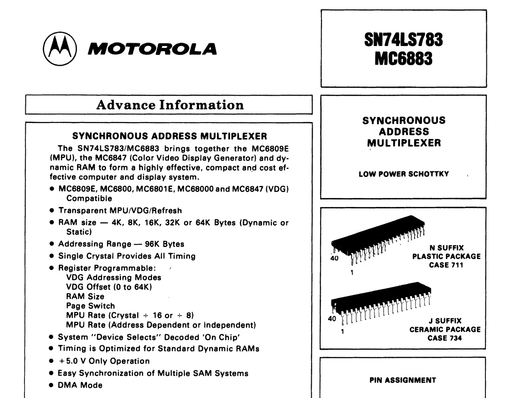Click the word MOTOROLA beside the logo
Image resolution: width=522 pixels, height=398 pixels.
click(152, 49)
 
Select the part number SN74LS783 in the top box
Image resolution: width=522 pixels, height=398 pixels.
click(404, 41)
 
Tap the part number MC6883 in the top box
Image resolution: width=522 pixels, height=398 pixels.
click(404, 60)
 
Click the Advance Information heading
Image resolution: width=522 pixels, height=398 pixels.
click(169, 105)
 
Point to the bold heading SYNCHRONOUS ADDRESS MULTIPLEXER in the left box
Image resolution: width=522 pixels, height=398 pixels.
click(169, 137)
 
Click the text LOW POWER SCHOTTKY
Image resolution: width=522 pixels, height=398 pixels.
click(404, 175)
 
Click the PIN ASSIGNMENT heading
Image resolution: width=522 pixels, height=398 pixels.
click(404, 381)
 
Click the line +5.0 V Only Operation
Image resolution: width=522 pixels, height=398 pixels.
click(104, 361)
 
